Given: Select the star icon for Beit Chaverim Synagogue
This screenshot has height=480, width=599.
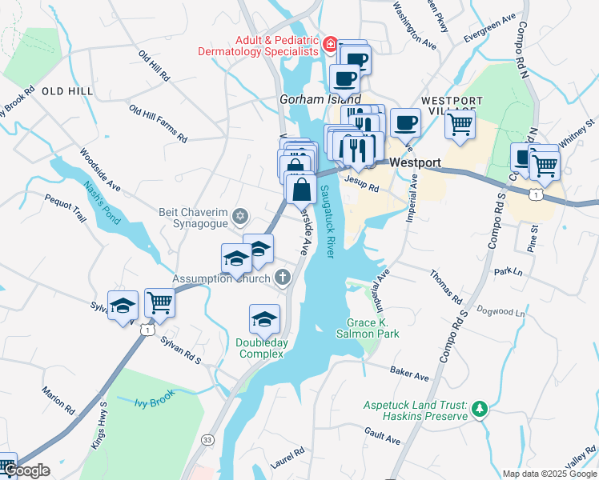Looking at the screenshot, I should point(239,216).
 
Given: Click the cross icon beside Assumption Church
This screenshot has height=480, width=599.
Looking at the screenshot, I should point(281,278).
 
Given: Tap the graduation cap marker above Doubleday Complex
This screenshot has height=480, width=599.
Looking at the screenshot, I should point(264,319).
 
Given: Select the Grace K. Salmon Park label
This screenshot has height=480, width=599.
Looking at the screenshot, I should point(372,329).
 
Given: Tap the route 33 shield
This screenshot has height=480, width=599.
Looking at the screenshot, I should point(207,439).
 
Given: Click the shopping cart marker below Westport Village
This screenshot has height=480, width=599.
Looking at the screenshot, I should point(460,124).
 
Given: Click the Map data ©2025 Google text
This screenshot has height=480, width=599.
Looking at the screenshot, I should point(549,474).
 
